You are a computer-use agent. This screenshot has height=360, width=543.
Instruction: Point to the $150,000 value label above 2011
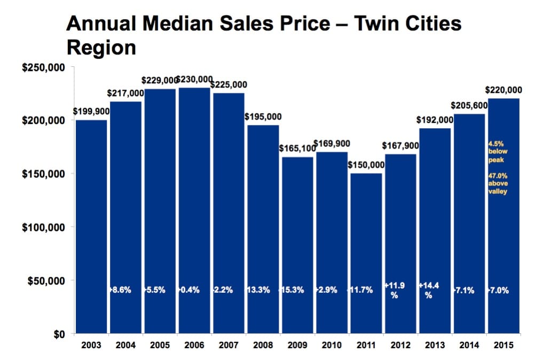(366, 166)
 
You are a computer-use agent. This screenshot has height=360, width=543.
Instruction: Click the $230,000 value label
(194, 80)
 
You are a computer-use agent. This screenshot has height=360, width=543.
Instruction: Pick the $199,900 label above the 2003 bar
(91, 112)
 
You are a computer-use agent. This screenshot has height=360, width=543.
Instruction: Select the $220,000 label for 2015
(503, 90)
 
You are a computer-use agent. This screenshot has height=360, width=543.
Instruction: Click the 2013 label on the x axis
(435, 346)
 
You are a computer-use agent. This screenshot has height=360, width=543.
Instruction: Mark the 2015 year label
(503, 346)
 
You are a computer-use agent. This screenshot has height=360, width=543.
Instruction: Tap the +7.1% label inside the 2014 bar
(468, 290)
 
